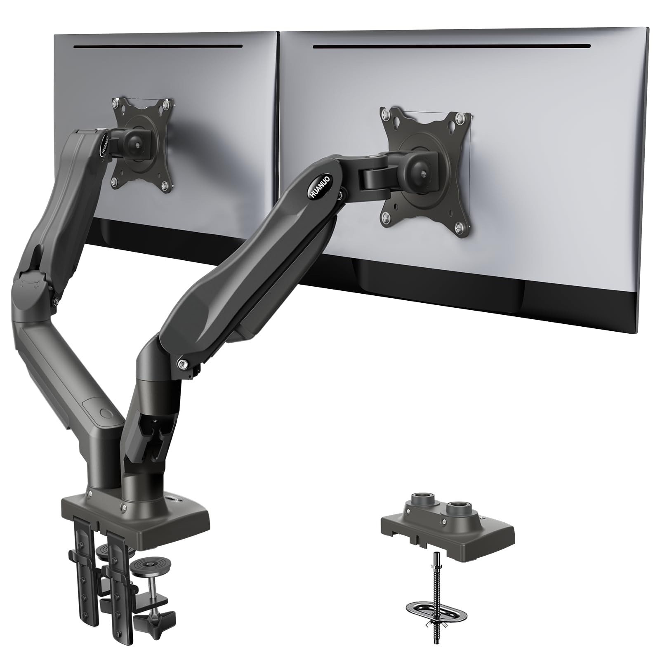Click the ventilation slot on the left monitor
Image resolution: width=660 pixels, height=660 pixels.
click(x=157, y=46)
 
